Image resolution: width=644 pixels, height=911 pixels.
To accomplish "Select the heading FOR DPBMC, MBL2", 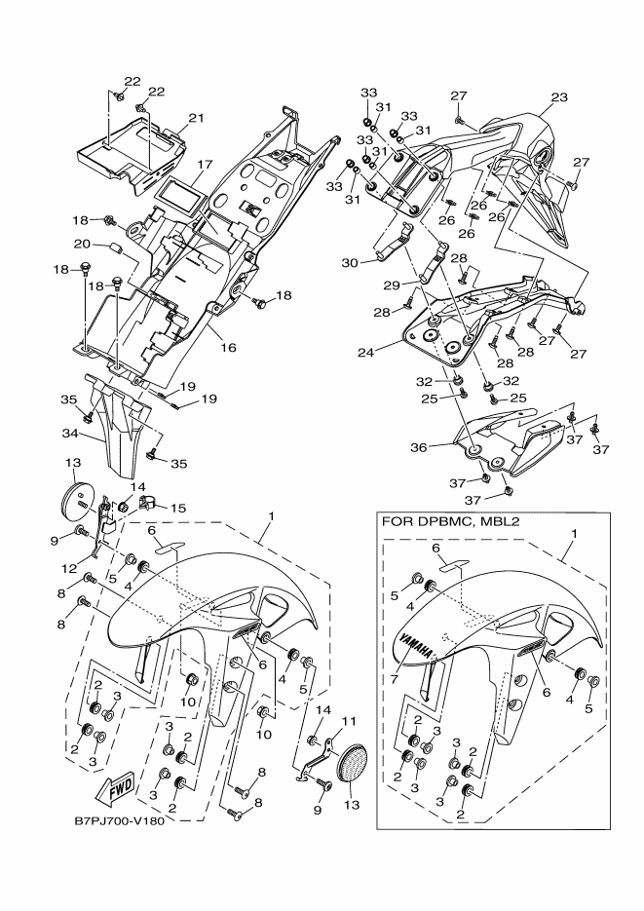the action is (x=449, y=521).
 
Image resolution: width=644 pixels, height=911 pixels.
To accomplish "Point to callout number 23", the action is (x=558, y=97).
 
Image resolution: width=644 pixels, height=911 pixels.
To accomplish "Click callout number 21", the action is (x=196, y=118).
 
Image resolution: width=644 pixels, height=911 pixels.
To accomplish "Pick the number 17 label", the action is (x=205, y=165).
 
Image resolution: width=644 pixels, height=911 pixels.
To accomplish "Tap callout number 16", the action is (x=228, y=348).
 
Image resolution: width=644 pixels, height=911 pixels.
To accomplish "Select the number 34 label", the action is (x=70, y=433).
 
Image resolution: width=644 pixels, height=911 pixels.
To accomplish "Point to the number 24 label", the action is (x=366, y=352).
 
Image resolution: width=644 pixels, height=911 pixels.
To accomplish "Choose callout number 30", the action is (x=350, y=263).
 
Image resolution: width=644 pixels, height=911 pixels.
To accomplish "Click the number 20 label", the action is (x=82, y=244).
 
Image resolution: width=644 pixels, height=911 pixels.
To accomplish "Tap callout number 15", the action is (x=177, y=509).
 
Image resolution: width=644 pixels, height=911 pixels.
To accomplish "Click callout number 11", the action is (x=348, y=721).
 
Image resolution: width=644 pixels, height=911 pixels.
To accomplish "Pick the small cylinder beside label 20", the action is (x=115, y=248).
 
